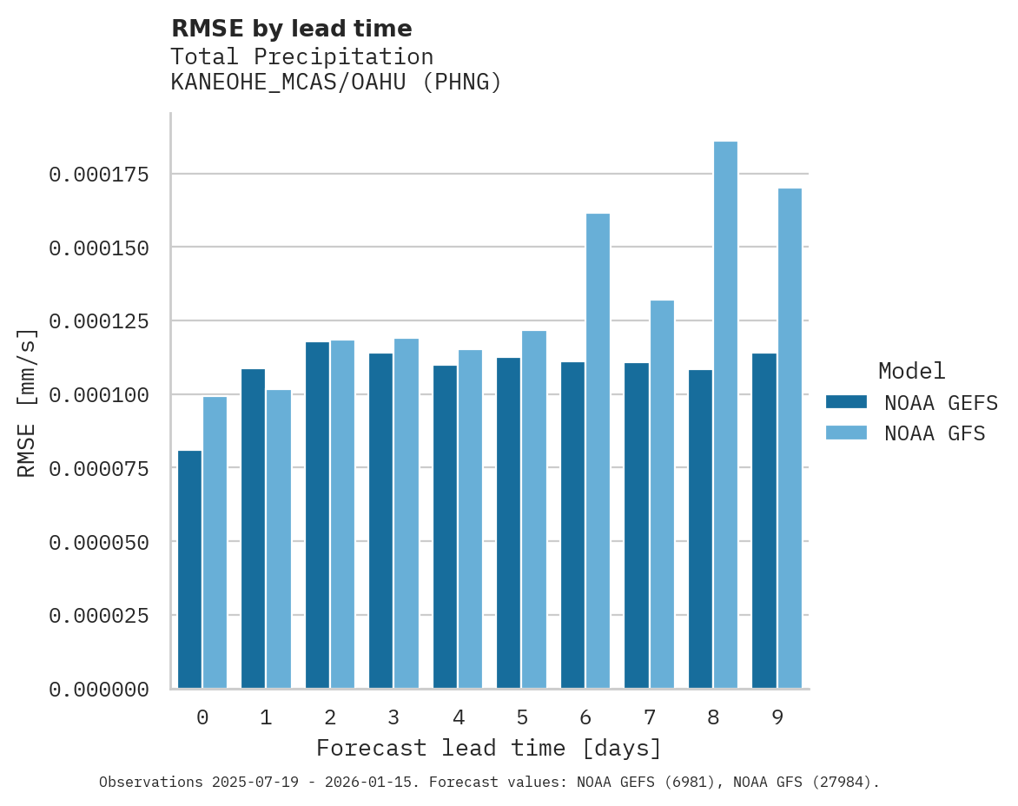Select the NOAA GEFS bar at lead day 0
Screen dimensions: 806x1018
tap(189, 569)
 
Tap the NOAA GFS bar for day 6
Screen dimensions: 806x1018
tap(598, 451)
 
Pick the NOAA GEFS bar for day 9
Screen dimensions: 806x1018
tap(764, 520)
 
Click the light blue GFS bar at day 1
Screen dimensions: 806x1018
tap(279, 538)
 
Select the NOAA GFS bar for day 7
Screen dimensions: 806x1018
tap(662, 494)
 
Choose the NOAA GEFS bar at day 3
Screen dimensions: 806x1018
tap(380, 520)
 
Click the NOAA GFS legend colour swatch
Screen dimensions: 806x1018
tap(846, 433)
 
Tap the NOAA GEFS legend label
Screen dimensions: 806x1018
tap(935, 402)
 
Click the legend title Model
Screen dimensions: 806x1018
tap(911, 371)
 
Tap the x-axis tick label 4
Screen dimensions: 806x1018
tap(458, 717)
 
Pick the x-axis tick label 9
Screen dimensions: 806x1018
tap(777, 717)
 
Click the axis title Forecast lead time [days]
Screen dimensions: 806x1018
tap(488, 748)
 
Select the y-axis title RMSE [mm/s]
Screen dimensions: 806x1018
tap(28, 403)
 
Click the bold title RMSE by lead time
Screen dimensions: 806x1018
tap(291, 29)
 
